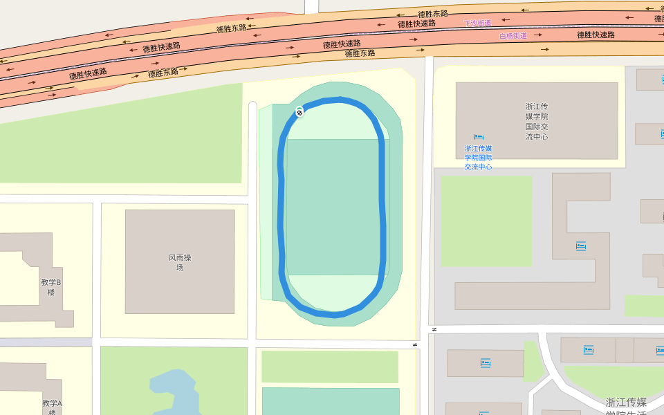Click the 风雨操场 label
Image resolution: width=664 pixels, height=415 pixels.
[x=180, y=262]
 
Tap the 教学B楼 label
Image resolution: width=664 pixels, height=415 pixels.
[x=51, y=287]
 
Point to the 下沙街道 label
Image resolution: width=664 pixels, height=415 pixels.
[x=477, y=23]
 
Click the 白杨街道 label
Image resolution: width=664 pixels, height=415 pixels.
[x=513, y=35]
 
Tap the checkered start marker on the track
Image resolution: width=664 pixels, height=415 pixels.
[x=299, y=111]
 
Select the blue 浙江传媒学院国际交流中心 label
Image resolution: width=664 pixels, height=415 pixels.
[x=478, y=158]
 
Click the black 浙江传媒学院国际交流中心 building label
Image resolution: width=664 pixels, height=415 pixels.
[x=537, y=122]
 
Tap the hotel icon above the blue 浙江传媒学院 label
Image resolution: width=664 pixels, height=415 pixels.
[x=478, y=137]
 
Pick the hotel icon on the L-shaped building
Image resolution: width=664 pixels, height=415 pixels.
[x=581, y=246]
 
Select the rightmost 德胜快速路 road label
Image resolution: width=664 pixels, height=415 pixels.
[x=596, y=35]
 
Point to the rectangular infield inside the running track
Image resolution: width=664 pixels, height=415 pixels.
[x=333, y=207]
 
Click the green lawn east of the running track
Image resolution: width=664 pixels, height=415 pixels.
[x=486, y=221]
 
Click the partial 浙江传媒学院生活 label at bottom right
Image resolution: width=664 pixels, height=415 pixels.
[x=626, y=407]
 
